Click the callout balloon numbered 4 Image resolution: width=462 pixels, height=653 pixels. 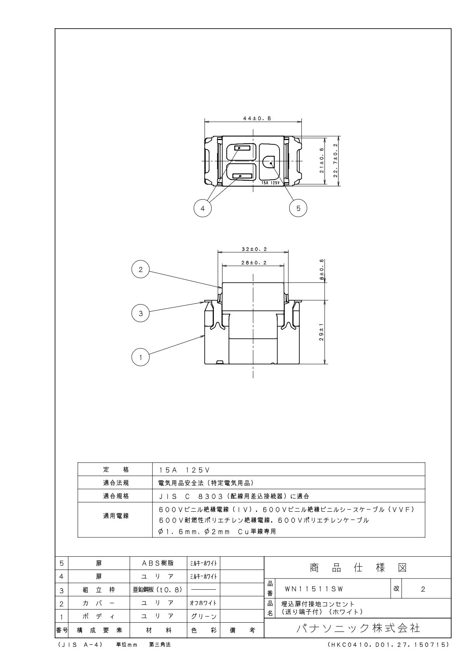pyautogui.click(x=202, y=208)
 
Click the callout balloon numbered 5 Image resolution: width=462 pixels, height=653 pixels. pyautogui.click(x=298, y=208)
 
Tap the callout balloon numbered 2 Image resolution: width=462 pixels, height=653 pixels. pyautogui.click(x=141, y=270)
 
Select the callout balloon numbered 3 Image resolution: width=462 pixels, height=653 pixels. pyautogui.click(x=141, y=314)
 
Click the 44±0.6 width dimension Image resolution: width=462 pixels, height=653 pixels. pyautogui.click(x=254, y=119)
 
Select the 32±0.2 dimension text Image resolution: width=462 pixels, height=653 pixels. pyautogui.click(x=254, y=249)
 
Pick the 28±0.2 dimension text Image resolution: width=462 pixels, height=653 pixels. pyautogui.click(x=254, y=263)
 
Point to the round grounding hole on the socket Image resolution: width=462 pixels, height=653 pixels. pyautogui.click(x=269, y=162)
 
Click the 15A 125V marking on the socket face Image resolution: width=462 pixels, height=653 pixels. pyautogui.click(x=271, y=182)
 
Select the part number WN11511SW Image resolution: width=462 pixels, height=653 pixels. pyautogui.click(x=314, y=589)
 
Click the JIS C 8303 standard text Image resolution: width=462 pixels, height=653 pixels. pyautogui.click(x=234, y=496)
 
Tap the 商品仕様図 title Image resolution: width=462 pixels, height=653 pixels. pyautogui.click(x=358, y=568)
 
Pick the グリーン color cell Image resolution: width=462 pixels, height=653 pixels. pyautogui.click(x=203, y=616)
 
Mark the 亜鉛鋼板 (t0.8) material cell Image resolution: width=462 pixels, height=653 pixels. pyautogui.click(x=158, y=590)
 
